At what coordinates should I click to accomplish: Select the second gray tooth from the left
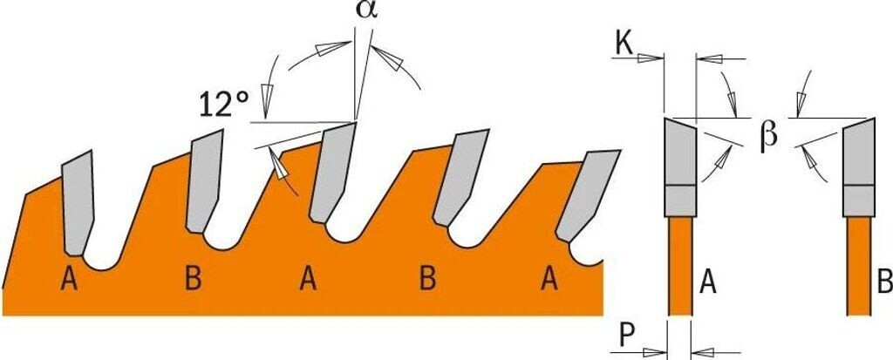206,181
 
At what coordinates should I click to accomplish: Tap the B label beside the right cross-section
883,282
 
